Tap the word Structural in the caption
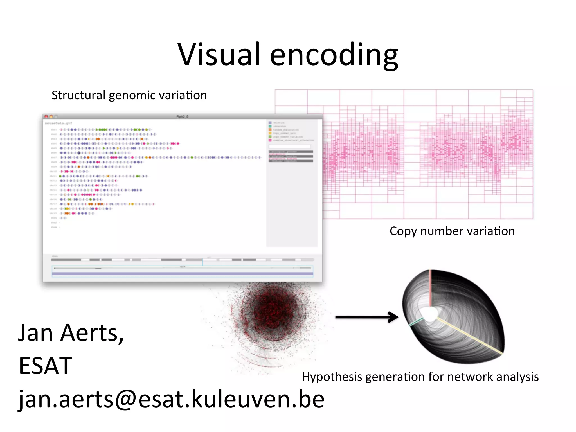78,95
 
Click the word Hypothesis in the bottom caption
332,377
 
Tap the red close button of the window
46,116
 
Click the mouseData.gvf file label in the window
58,123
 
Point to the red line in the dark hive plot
430,288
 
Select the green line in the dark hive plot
416,322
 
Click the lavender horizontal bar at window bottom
182,274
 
